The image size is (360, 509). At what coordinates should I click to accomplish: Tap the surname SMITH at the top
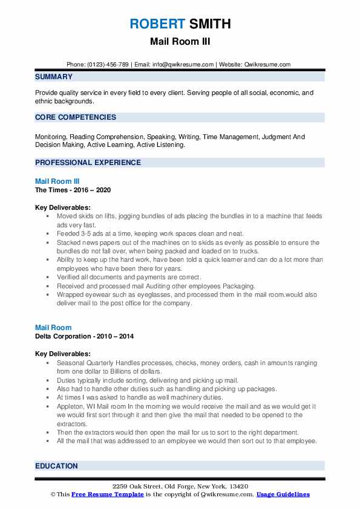(x=209, y=24)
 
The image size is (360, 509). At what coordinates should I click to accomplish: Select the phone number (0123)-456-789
(x=107, y=64)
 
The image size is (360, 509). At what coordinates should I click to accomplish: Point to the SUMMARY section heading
(x=54, y=77)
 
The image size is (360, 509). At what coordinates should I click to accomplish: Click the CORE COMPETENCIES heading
(x=76, y=117)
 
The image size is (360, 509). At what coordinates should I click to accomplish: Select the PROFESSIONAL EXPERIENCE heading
(x=88, y=163)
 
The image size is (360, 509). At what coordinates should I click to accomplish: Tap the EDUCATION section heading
(x=56, y=466)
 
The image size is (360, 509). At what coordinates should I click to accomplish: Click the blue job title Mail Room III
(x=57, y=181)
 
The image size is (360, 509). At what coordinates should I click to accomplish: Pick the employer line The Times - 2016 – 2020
(x=73, y=189)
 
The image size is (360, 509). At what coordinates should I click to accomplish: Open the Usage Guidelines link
(x=283, y=494)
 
